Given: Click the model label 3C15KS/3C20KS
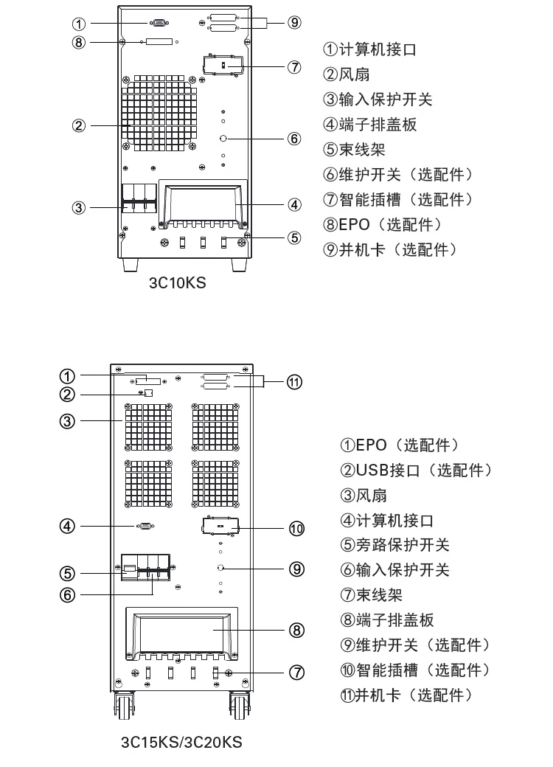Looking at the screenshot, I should point(181,741).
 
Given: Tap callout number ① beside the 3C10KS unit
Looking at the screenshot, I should point(79,24).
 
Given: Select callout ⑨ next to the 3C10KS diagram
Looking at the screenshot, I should point(294,22).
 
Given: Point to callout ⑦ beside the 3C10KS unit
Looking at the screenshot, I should point(294,67).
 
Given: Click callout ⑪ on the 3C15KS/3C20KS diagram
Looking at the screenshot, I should point(294,381).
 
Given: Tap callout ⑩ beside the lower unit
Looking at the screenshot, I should point(296,528).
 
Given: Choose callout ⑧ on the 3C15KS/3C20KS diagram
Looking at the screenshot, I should point(296,630).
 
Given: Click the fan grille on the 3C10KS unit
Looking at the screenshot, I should point(161,111).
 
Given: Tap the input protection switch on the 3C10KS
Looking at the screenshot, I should point(139,198).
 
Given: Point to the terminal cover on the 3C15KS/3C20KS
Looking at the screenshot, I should point(181,633).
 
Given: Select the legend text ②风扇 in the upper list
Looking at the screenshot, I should point(346,74).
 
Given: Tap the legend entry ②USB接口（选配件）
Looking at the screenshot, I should point(416,470).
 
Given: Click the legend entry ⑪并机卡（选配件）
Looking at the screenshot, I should point(405,695).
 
